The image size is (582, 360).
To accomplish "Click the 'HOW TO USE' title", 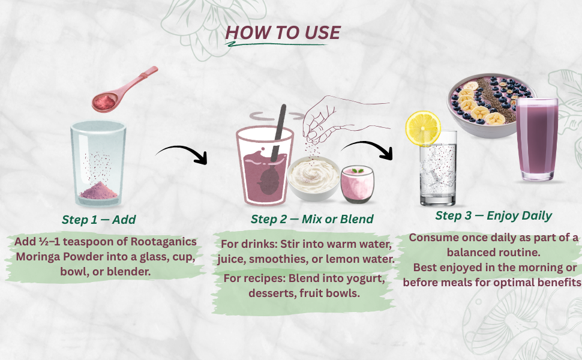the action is pyautogui.click(x=283, y=32).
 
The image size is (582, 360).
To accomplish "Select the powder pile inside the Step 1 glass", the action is pyautogui.click(x=98, y=190).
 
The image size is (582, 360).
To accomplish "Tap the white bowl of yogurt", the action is pyautogui.click(x=314, y=179).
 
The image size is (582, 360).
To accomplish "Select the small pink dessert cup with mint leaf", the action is pyautogui.click(x=357, y=184).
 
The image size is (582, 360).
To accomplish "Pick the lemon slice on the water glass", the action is pyautogui.click(x=423, y=128).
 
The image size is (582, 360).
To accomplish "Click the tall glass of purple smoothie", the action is pyautogui.click(x=537, y=139).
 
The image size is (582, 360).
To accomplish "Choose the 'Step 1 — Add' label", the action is pyautogui.click(x=99, y=220).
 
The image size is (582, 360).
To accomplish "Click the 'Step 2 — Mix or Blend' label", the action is pyautogui.click(x=312, y=219).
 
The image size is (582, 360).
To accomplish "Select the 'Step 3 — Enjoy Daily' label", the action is pyautogui.click(x=494, y=215).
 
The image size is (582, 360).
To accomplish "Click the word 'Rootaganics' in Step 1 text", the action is pyautogui.click(x=164, y=242).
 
